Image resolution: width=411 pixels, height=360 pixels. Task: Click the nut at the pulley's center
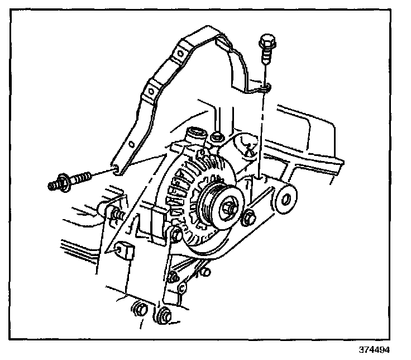tap(229, 209)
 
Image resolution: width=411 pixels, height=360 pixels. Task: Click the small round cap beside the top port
tap(217, 136)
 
